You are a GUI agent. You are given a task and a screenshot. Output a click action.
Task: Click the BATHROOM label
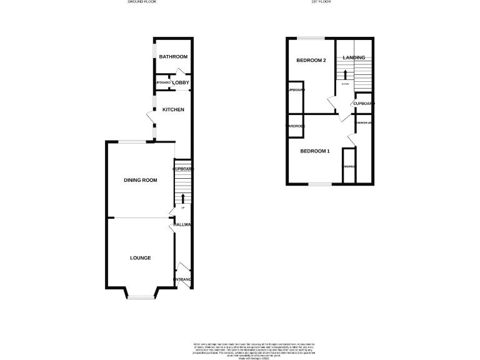coord(173,57)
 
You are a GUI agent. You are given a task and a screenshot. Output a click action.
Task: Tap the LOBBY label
coord(181,82)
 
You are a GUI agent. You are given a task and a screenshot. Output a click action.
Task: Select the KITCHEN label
coord(173,110)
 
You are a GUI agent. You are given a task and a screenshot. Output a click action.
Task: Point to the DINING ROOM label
coord(140,180)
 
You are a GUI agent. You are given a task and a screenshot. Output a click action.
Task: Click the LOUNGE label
coord(140,257)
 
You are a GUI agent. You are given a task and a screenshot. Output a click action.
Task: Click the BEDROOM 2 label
coord(311,61)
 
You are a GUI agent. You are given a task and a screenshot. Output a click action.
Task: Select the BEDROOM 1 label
coord(315,151)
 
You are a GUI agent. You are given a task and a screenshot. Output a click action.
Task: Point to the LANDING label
coord(354,58)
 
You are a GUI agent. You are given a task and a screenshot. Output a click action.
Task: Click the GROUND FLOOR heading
coord(142,2)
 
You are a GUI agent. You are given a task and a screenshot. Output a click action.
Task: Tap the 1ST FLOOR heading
coord(321,2)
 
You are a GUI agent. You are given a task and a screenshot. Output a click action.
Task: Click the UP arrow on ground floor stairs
coord(182,200)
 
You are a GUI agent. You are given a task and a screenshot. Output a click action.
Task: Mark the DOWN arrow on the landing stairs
coord(344,75)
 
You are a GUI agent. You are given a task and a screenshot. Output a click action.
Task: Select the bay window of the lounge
coord(141,296)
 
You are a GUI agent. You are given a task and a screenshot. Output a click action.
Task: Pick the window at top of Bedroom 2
coord(311,38)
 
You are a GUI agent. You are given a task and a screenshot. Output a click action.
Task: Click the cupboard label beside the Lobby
coord(163,82)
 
